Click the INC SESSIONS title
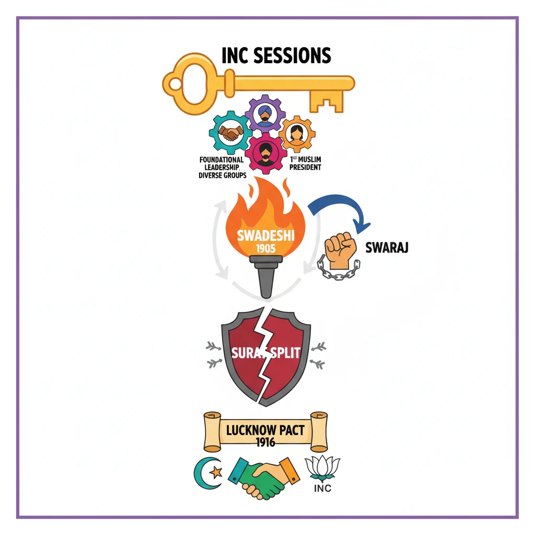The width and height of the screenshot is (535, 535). point(276,55)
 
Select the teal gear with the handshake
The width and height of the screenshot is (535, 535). point(229,134)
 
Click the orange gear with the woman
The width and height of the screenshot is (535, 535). point(297,134)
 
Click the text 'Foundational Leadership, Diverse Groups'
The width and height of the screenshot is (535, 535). point(222,167)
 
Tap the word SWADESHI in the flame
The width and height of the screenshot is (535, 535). point(265,235)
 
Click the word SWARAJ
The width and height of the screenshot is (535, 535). point(387,247)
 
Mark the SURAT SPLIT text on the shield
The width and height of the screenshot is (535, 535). point(266,353)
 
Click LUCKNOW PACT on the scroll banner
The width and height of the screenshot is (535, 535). point(266,432)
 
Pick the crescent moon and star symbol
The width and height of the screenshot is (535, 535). point(208,473)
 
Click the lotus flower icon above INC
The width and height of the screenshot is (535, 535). point(322,469)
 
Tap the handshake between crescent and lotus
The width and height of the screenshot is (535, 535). point(264,477)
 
